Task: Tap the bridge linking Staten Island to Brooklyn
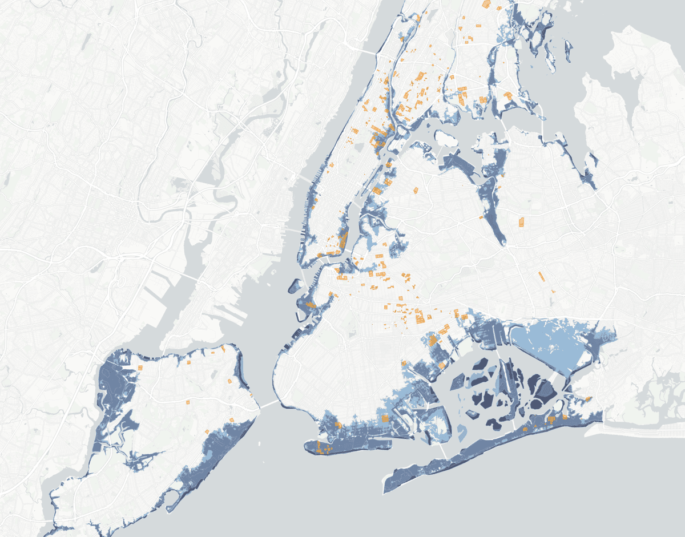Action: (x=265, y=404)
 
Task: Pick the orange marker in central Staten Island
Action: (x=188, y=402)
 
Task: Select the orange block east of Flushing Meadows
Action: (x=521, y=222)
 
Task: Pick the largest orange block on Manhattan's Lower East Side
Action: (x=343, y=239)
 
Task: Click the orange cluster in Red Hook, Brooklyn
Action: (x=311, y=306)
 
